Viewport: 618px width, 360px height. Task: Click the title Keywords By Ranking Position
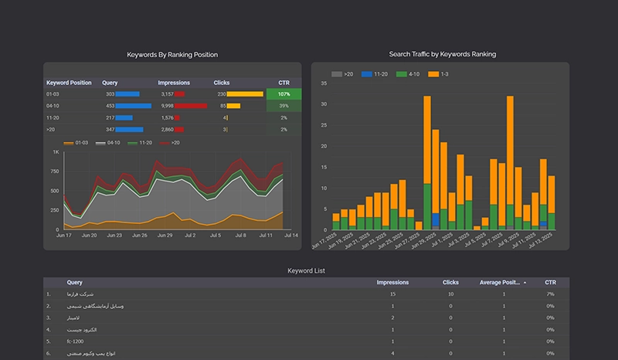tap(172, 55)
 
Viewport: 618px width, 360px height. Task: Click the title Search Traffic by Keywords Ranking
tap(443, 54)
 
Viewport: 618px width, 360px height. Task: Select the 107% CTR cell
tap(284, 93)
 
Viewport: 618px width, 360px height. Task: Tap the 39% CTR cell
tap(284, 106)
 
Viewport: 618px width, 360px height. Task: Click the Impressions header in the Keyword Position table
tap(174, 83)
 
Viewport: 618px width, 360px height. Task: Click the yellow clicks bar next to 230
tap(245, 94)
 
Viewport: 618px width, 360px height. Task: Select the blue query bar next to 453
tap(134, 106)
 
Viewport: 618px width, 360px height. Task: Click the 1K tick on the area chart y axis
tap(56, 152)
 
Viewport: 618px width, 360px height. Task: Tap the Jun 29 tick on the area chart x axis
tap(164, 235)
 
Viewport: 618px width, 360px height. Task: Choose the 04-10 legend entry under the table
tap(113, 143)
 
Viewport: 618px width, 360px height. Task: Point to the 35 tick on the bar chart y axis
tap(324, 104)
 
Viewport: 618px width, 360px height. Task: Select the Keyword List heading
tap(306, 271)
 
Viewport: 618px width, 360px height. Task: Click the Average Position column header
tap(500, 283)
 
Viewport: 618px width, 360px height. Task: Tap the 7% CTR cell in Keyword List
tap(550, 294)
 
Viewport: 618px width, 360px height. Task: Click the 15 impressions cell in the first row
tap(392, 294)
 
